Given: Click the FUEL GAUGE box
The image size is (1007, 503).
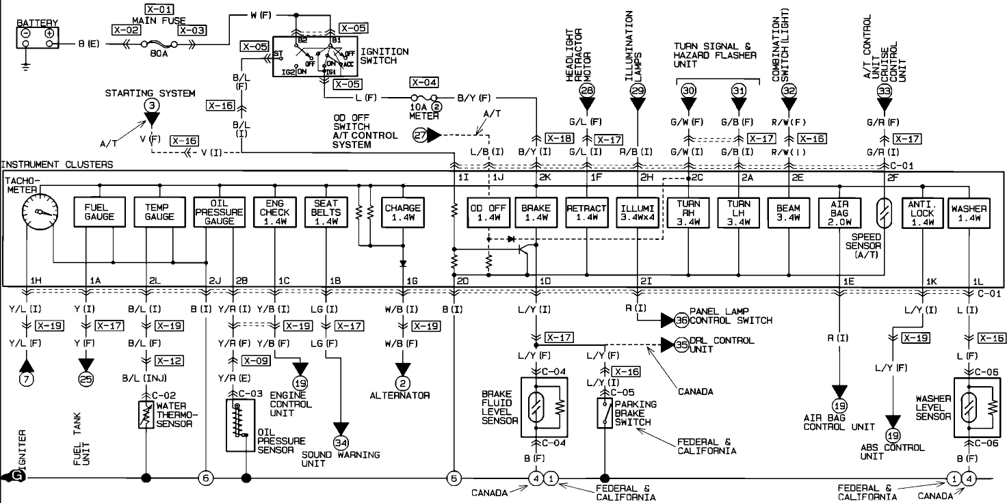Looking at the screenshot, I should (x=99, y=212).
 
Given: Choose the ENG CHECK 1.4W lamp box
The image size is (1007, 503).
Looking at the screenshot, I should (x=274, y=212).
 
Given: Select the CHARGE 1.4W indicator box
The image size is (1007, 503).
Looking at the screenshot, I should (x=403, y=212).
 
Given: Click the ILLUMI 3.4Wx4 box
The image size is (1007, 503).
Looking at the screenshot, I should (x=638, y=212).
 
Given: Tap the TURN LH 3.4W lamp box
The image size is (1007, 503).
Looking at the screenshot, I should (x=738, y=212).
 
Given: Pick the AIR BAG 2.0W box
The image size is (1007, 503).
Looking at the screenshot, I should (x=839, y=212).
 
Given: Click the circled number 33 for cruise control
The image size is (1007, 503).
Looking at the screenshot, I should (x=885, y=90).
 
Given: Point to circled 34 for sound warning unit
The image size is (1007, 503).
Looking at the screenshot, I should (x=340, y=428).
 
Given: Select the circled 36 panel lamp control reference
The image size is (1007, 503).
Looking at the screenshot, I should (x=681, y=320).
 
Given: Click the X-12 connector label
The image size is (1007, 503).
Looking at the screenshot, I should (x=168, y=360).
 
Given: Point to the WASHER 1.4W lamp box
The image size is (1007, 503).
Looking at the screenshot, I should (x=969, y=212).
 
